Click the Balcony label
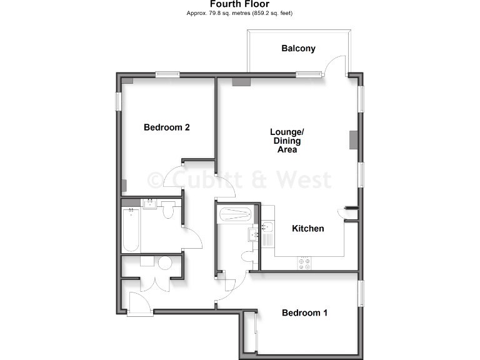[298, 48]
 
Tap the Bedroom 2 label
[166, 127]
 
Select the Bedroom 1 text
[304, 313]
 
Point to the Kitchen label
[308, 229]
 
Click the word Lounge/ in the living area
[287, 132]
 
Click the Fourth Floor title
[240, 4]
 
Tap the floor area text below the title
[240, 13]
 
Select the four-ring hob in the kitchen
[306, 263]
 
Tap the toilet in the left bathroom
[167, 212]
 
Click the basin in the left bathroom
[150, 204]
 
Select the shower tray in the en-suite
[236, 215]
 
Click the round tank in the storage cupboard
[166, 262]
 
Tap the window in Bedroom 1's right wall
[360, 293]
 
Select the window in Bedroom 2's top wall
[167, 75]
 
